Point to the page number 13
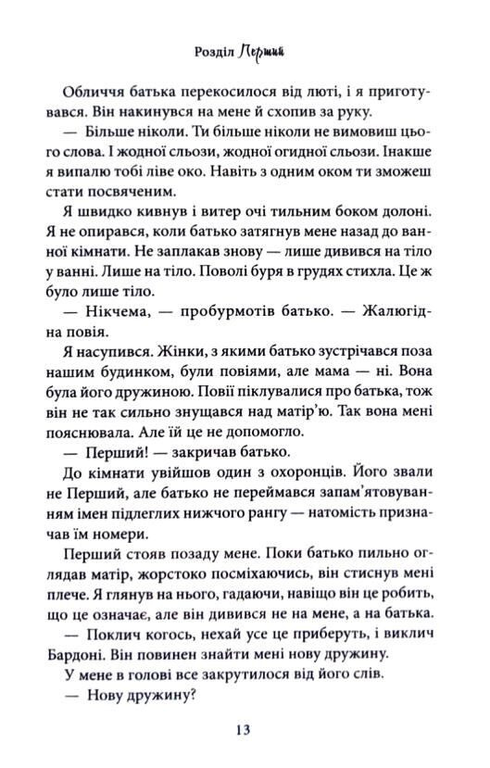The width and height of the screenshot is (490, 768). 244,730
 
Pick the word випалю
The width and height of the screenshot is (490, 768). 112,173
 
